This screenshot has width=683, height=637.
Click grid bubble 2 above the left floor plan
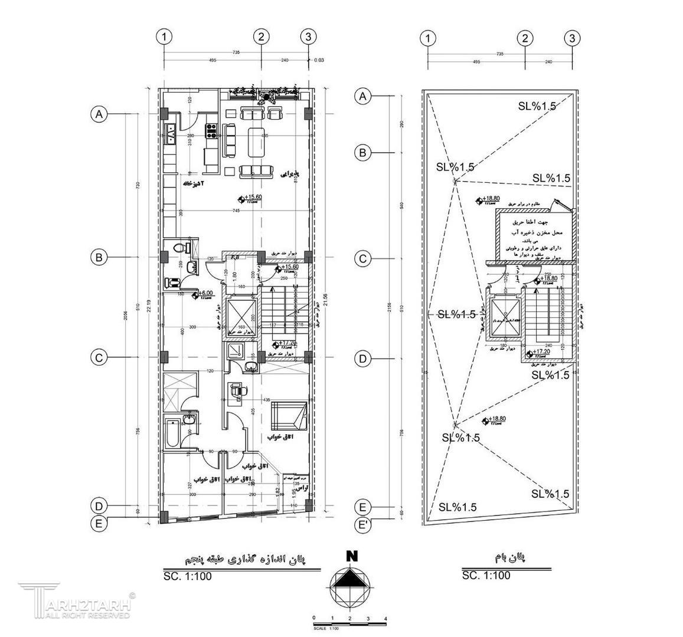tap(262, 37)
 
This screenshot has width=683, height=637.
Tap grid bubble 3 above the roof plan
tap(571, 39)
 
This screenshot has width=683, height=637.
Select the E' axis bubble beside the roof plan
tap(364, 524)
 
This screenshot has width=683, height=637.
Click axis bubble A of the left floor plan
tap(99, 114)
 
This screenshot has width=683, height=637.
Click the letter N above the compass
tap(352, 556)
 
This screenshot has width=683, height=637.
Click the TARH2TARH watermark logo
tap(74, 601)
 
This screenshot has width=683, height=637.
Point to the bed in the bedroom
tap(289, 415)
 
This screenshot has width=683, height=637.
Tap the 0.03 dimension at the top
tap(319, 60)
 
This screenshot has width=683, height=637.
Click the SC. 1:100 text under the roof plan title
tap(486, 576)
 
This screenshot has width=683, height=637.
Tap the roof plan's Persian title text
tap(508, 557)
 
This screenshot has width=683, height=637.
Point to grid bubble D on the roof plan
tap(364, 359)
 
